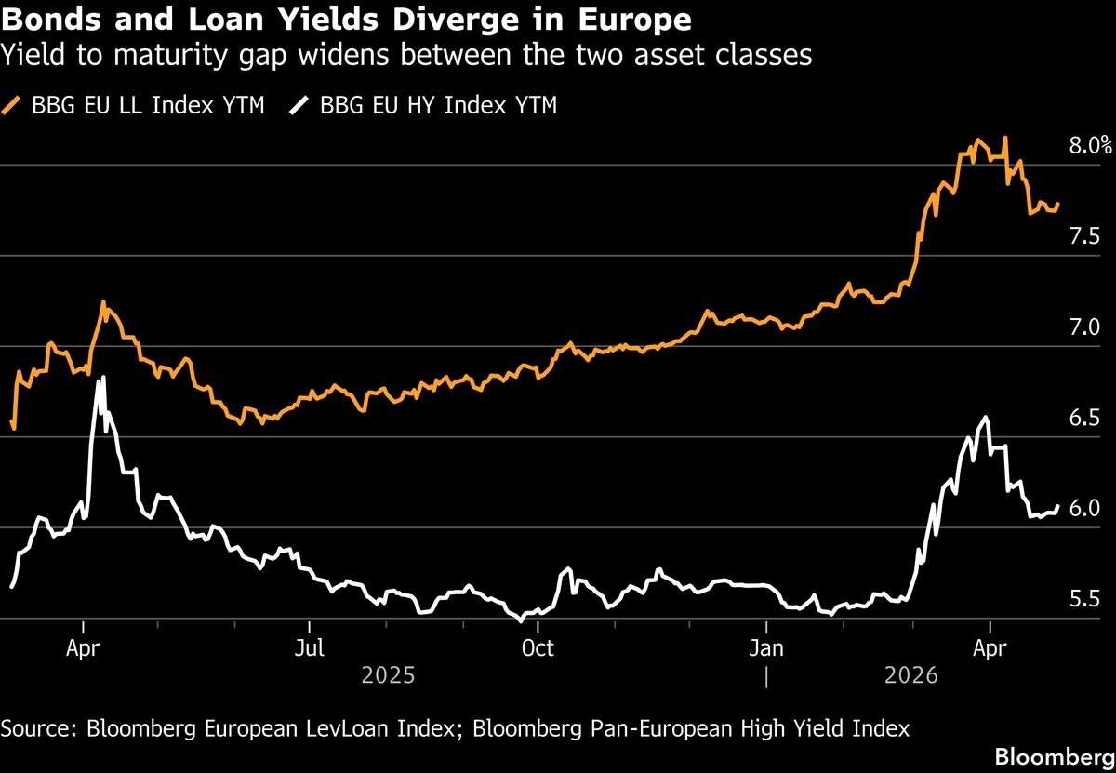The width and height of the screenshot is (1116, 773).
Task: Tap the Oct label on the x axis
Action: tap(538, 647)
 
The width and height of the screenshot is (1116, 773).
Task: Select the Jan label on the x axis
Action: tap(765, 647)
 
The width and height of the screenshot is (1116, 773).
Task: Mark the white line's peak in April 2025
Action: tap(102, 377)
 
